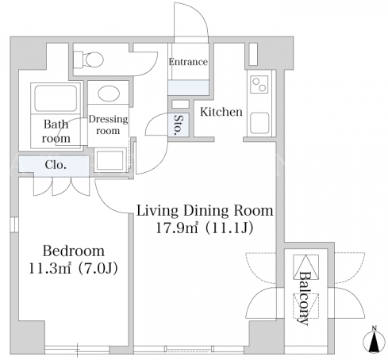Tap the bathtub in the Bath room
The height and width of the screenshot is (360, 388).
[56, 98]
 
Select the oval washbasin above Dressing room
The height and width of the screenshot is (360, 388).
[109, 93]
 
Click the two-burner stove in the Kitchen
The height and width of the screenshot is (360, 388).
[259, 84]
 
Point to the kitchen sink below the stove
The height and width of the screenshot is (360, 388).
[259, 123]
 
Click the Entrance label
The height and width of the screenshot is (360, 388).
[188, 62]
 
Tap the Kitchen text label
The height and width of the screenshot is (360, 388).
[221, 112]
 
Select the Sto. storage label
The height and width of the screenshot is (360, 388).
[179, 124]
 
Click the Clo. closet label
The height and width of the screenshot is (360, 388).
[56, 165]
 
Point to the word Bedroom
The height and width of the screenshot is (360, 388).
[74, 251]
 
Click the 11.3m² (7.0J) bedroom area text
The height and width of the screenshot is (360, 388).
[73, 268]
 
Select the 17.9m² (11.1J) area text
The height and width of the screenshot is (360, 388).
[204, 228]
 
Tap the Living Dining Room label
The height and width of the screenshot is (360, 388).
[205, 211]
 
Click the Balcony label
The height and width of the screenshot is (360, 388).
[304, 298]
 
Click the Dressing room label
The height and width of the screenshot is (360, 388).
[108, 124]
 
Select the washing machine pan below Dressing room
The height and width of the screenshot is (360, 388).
[109, 160]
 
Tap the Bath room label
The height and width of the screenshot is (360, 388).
[56, 132]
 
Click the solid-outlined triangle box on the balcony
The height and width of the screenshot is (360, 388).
[305, 266]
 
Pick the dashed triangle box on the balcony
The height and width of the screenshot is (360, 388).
[305, 306]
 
